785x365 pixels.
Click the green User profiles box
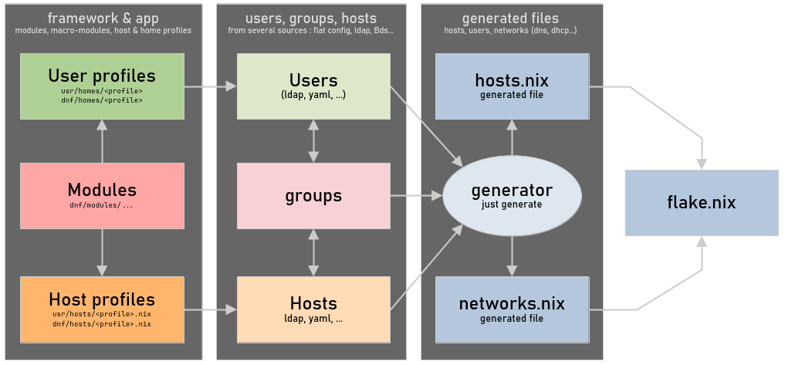[102, 86]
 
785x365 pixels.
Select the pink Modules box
[102, 195]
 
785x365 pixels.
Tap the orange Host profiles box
[102, 309]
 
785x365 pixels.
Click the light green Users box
[313, 86]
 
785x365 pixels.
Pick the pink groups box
[313, 195]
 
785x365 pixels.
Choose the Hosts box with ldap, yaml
[313, 309]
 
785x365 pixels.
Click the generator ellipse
[512, 195]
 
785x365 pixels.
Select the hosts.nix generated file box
[512, 86]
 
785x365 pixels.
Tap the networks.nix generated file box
[512, 309]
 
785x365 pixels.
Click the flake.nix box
[701, 203]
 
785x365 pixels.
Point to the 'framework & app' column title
[102, 18]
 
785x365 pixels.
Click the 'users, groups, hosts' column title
[311, 18]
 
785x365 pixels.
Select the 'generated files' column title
[510, 18]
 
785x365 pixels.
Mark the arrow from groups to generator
[416, 196]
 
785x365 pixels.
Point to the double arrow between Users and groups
[313, 140]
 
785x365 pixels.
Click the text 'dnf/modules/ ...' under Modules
[102, 206]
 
